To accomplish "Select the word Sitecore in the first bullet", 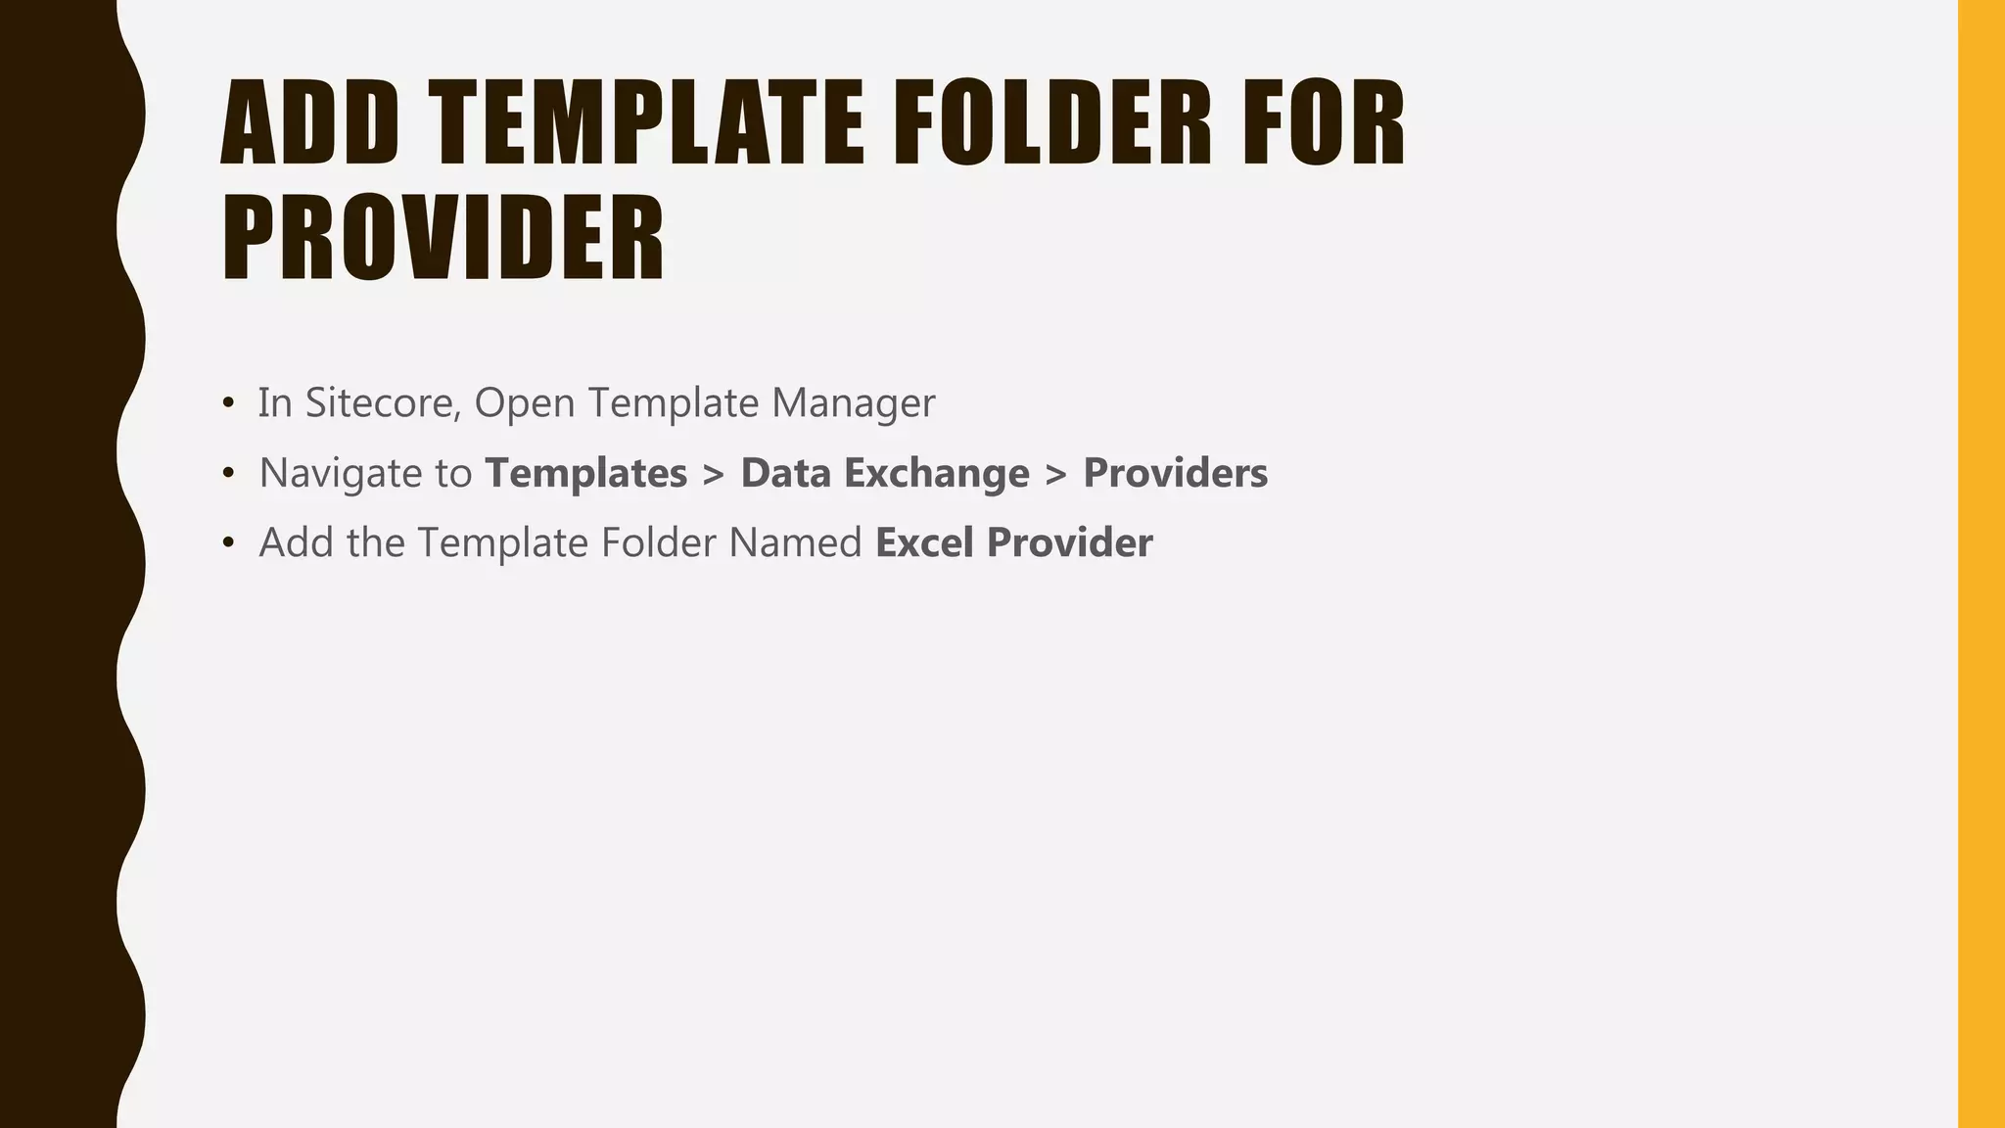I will point(383,402).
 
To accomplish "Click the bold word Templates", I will point(586,473).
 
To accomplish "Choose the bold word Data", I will point(785,473).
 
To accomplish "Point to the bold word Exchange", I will point(937,473).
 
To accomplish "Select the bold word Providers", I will point(1175,473).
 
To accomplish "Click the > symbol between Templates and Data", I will point(714,474).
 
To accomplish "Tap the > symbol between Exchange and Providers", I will point(1055,474).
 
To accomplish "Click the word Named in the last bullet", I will point(794,542).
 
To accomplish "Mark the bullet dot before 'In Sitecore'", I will point(228,402).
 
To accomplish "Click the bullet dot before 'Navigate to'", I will point(228,473).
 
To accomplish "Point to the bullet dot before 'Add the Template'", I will point(228,542).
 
